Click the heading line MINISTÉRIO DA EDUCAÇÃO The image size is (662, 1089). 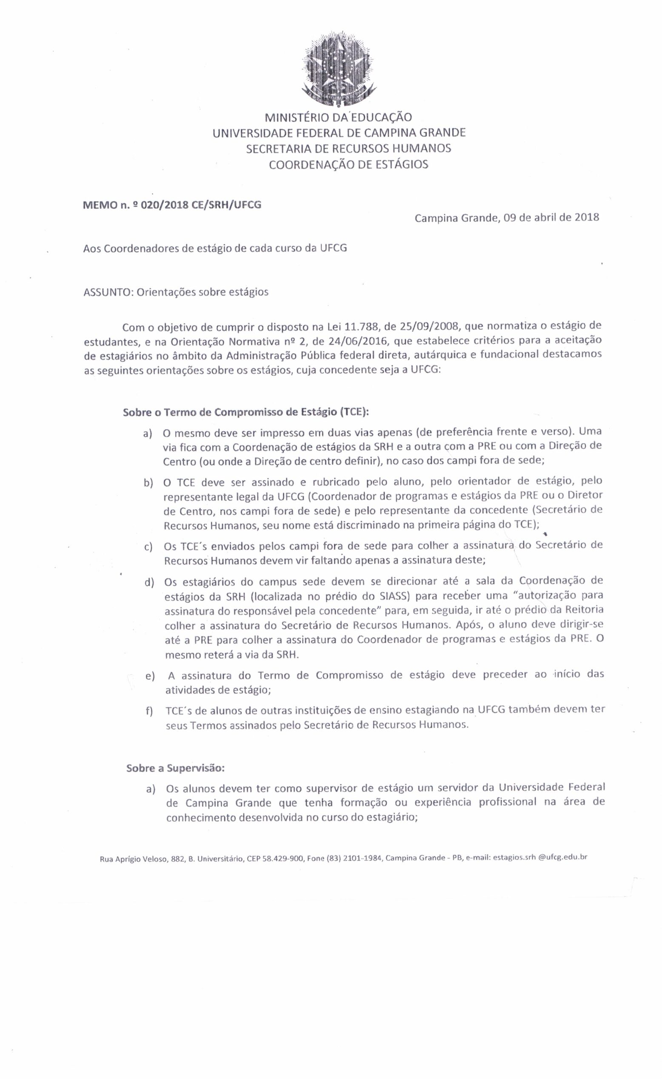click(338, 117)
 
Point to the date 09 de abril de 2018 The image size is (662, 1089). click(551, 218)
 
